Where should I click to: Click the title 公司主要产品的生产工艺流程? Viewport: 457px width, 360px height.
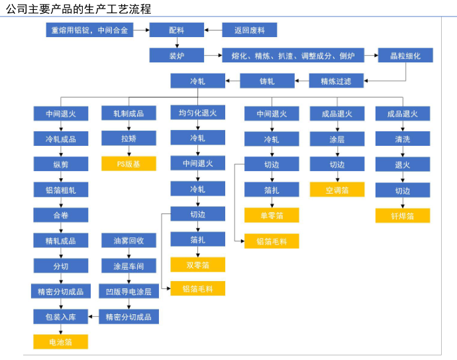78,9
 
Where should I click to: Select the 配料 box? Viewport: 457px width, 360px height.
176,30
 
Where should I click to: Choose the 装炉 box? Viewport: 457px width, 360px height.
176,56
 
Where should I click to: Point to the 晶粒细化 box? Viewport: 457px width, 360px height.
405,56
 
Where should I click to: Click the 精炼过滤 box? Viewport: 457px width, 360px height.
336,82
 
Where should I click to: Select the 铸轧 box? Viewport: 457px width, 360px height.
267,82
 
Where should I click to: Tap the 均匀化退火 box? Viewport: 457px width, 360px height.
197,113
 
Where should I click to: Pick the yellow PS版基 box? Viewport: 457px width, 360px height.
128,164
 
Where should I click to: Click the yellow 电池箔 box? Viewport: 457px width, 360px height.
61,342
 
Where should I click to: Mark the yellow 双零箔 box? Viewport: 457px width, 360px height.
197,265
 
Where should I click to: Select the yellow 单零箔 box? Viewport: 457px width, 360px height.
272,215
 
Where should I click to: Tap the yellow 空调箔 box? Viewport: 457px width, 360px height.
337,190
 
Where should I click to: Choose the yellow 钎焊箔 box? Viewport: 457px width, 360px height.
403,215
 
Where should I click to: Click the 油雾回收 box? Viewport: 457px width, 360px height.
128,240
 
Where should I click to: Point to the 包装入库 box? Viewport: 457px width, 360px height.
61,317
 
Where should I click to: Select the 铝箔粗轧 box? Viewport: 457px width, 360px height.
61,190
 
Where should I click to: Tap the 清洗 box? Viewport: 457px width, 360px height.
403,139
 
